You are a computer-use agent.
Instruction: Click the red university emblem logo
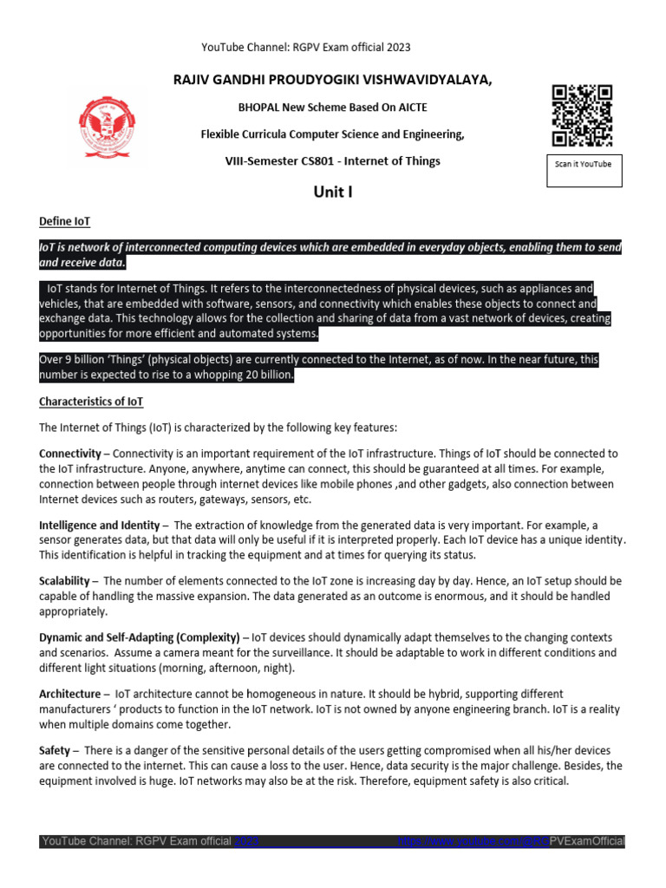(x=108, y=122)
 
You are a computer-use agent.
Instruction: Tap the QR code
(x=582, y=115)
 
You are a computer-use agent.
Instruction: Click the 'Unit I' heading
(x=332, y=192)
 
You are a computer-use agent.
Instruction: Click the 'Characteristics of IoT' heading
(x=91, y=402)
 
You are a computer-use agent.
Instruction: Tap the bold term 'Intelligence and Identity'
(x=99, y=526)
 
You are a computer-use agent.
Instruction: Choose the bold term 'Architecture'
(x=70, y=694)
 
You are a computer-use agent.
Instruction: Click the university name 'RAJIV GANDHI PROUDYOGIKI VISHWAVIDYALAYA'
(x=333, y=81)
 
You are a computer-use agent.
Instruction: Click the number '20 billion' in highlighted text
(x=265, y=375)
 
